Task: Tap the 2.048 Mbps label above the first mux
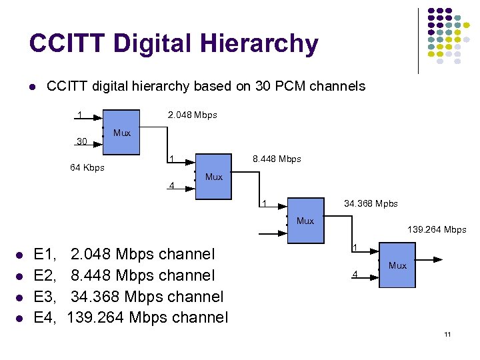(193, 115)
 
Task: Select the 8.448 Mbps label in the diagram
(277, 159)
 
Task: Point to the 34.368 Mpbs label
(371, 203)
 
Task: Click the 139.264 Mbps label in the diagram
(437, 230)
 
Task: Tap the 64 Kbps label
(87, 167)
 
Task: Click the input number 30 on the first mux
(82, 141)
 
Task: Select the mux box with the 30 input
(121, 133)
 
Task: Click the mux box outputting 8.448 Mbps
(213, 177)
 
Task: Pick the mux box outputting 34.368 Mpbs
(305, 220)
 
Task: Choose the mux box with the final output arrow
(397, 265)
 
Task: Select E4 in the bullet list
(46, 317)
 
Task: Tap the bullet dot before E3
(21, 297)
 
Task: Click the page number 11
(447, 334)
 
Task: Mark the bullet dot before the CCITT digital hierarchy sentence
(31, 87)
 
